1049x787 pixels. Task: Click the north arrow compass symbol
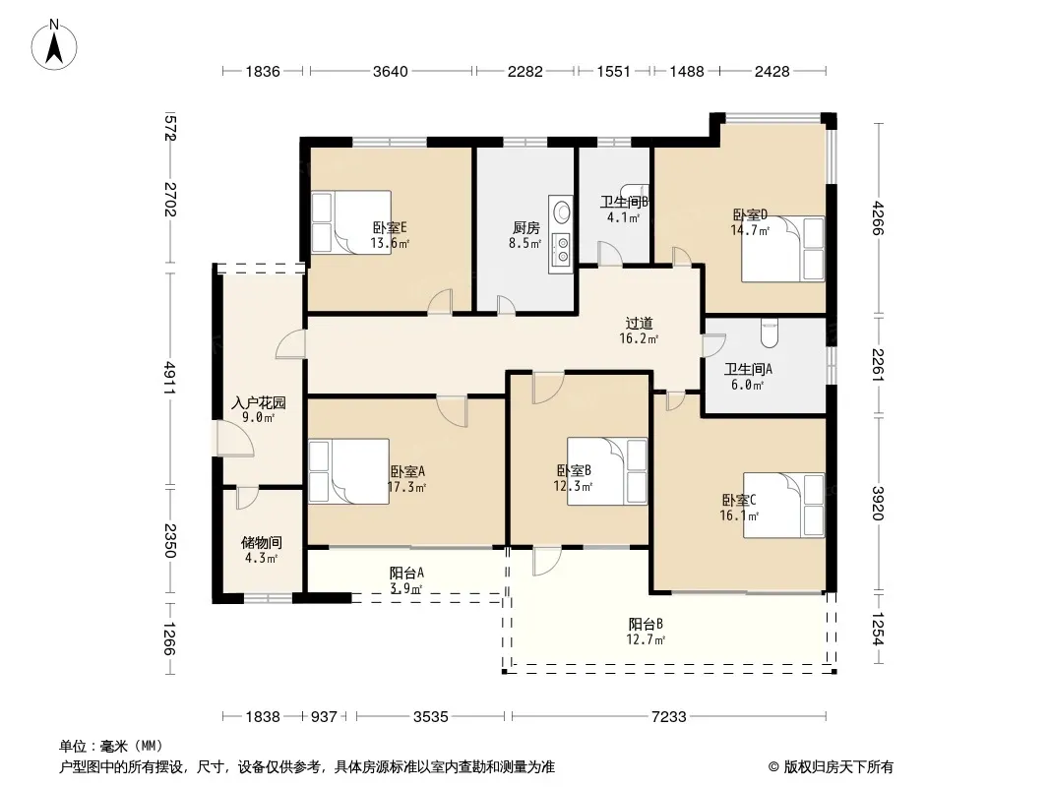pyautogui.click(x=54, y=45)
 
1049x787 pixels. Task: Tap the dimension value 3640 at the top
pyautogui.click(x=391, y=71)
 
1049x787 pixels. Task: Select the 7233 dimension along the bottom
pyautogui.click(x=669, y=717)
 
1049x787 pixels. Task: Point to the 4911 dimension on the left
pyautogui.click(x=170, y=378)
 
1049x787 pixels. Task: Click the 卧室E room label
pyautogui.click(x=390, y=228)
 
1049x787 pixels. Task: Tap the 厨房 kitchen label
pyautogui.click(x=525, y=228)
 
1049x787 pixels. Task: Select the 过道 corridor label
pyautogui.click(x=639, y=324)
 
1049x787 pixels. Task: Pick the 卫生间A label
pyautogui.click(x=749, y=369)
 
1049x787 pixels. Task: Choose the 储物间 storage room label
pyautogui.click(x=261, y=542)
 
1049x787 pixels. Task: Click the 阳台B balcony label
pyautogui.click(x=646, y=624)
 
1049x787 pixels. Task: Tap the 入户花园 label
pyautogui.click(x=259, y=402)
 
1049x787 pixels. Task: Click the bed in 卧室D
pyautogui.click(x=782, y=249)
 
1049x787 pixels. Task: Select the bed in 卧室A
pyautogui.click(x=349, y=471)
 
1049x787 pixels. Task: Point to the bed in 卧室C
pyautogui.click(x=784, y=505)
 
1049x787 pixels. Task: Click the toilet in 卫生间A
pyautogui.click(x=771, y=333)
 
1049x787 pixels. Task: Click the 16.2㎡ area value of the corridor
pyautogui.click(x=639, y=339)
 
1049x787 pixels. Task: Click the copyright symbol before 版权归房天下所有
pyautogui.click(x=773, y=767)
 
